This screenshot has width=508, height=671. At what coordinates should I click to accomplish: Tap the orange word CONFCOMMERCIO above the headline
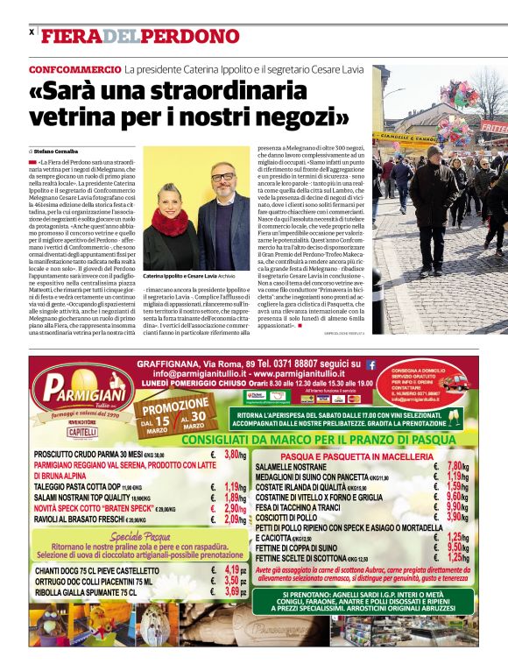pos(74,68)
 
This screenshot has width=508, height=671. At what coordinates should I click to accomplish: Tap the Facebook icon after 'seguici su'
pos(370,364)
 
